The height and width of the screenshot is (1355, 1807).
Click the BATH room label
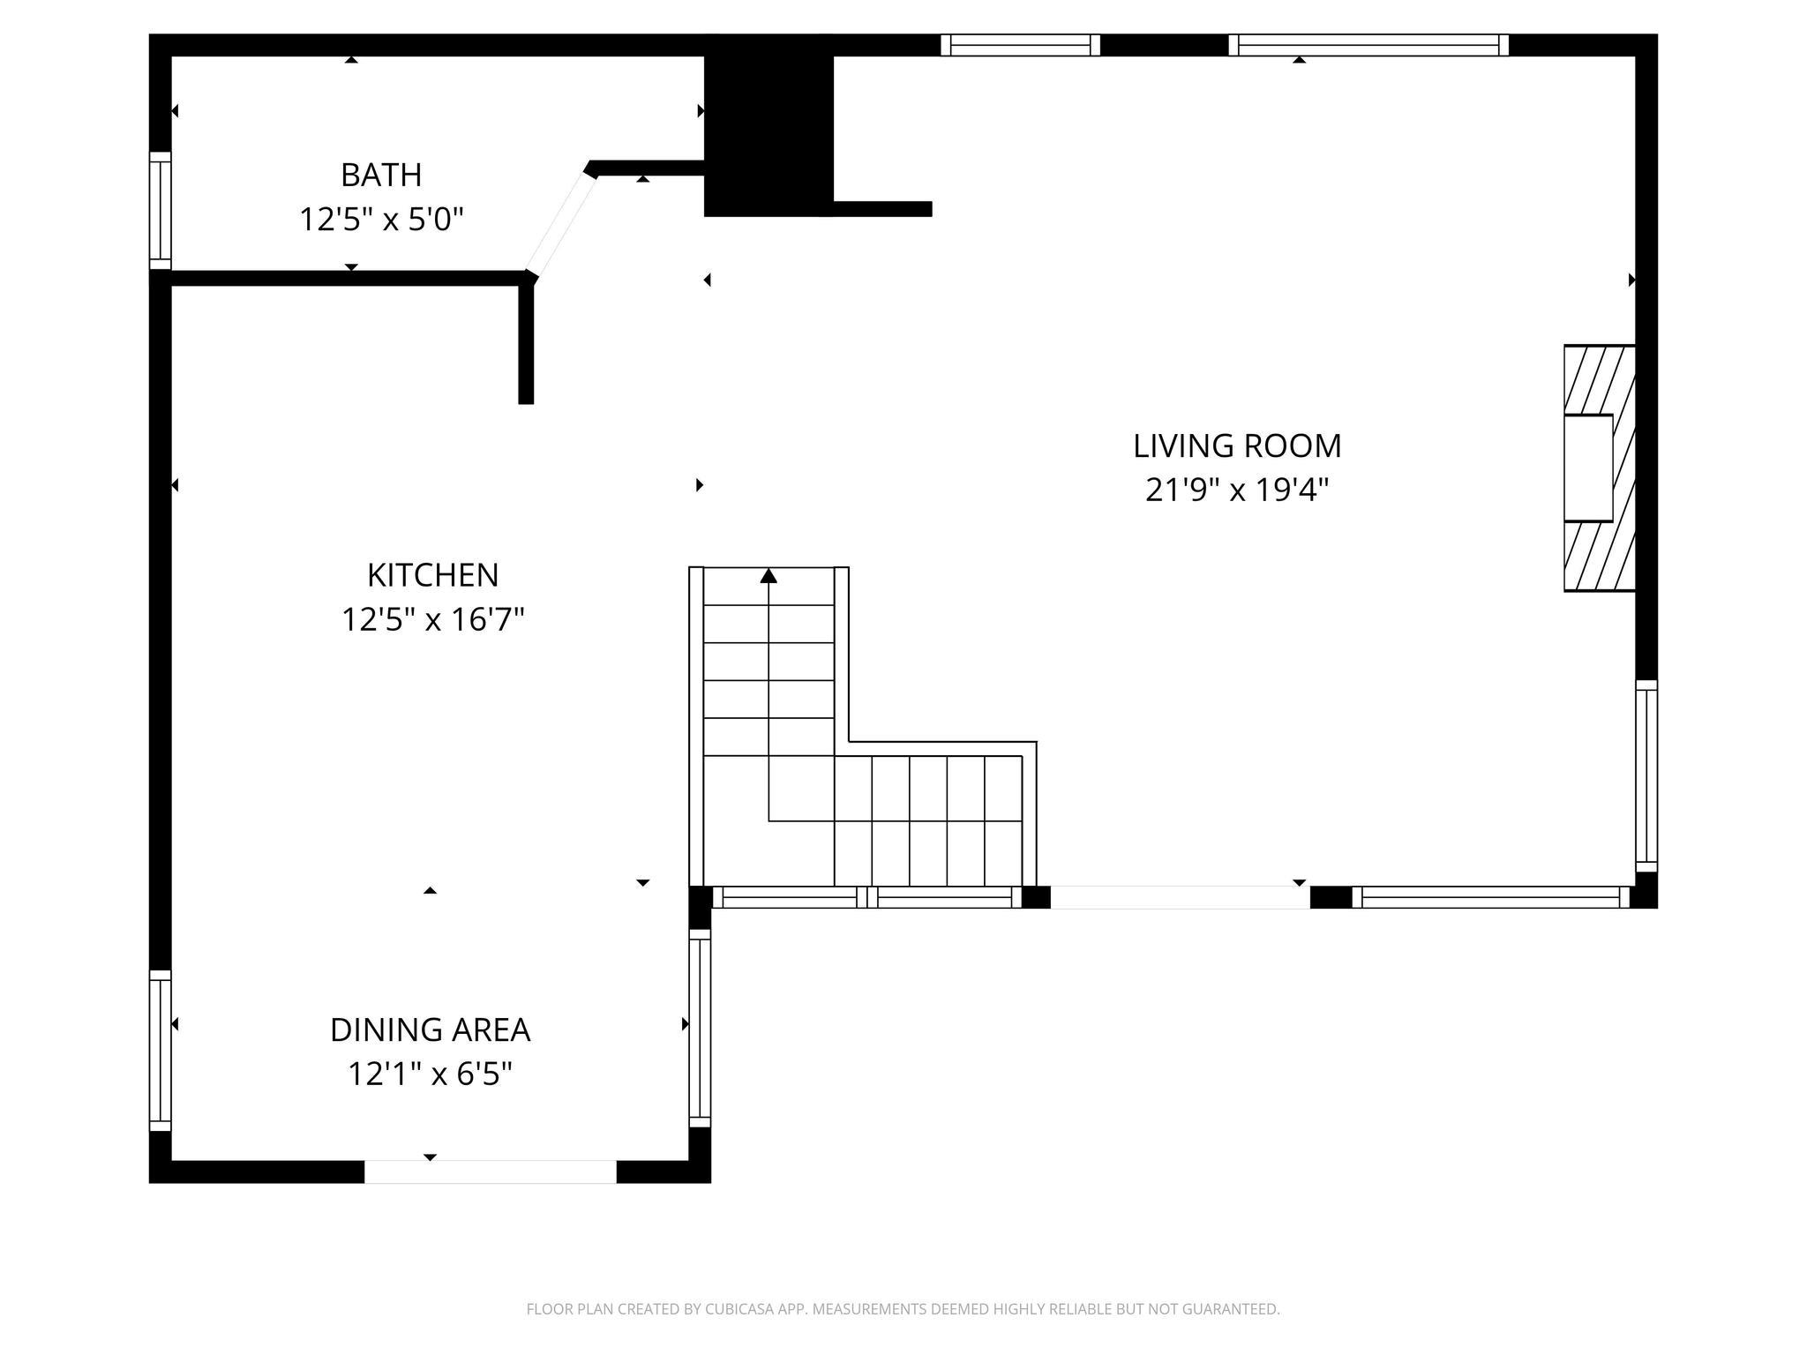coord(381,175)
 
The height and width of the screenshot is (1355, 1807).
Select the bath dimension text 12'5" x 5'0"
coord(381,219)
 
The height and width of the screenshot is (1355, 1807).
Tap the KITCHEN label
coord(432,575)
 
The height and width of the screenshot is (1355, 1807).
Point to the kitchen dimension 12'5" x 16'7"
coord(432,619)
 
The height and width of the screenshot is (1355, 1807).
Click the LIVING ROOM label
coord(1237,445)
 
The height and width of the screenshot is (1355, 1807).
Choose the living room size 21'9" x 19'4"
coord(1237,490)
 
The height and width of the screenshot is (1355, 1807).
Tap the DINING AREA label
coord(430,1029)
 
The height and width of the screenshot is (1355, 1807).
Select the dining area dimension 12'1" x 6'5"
coord(430,1074)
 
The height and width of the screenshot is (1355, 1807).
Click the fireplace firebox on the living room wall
coord(1588,468)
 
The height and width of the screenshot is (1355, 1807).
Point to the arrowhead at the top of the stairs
coord(769,576)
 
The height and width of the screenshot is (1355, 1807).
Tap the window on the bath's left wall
coord(160,210)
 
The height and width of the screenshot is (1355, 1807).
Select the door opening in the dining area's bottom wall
coord(490,1172)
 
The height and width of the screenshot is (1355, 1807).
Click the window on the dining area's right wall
coord(700,1028)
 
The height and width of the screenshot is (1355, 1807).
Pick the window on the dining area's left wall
coord(160,1050)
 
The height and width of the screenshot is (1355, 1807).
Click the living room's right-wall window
coord(1646,775)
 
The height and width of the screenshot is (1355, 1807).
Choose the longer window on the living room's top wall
coord(1368,45)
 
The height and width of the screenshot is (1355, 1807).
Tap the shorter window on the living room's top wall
coord(1020,45)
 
